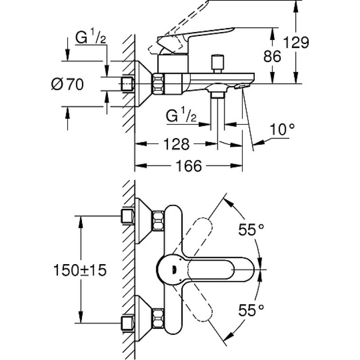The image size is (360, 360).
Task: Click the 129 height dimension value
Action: tap(296, 43)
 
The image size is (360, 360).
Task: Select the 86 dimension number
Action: tap(272, 57)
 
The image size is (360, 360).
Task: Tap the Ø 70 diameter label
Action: tap(67, 84)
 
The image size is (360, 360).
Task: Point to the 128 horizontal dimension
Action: tap(176, 144)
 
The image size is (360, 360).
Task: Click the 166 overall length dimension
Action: tap(189, 166)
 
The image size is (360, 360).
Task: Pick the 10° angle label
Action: tap(282, 130)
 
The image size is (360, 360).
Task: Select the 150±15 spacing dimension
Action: tap(80, 270)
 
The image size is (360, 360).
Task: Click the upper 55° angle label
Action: tap(251, 229)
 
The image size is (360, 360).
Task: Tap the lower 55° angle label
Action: tap(251, 310)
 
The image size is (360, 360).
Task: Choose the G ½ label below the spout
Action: tap(181, 116)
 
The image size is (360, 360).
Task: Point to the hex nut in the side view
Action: tap(158, 84)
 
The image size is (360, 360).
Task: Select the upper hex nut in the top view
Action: tap(158, 220)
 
